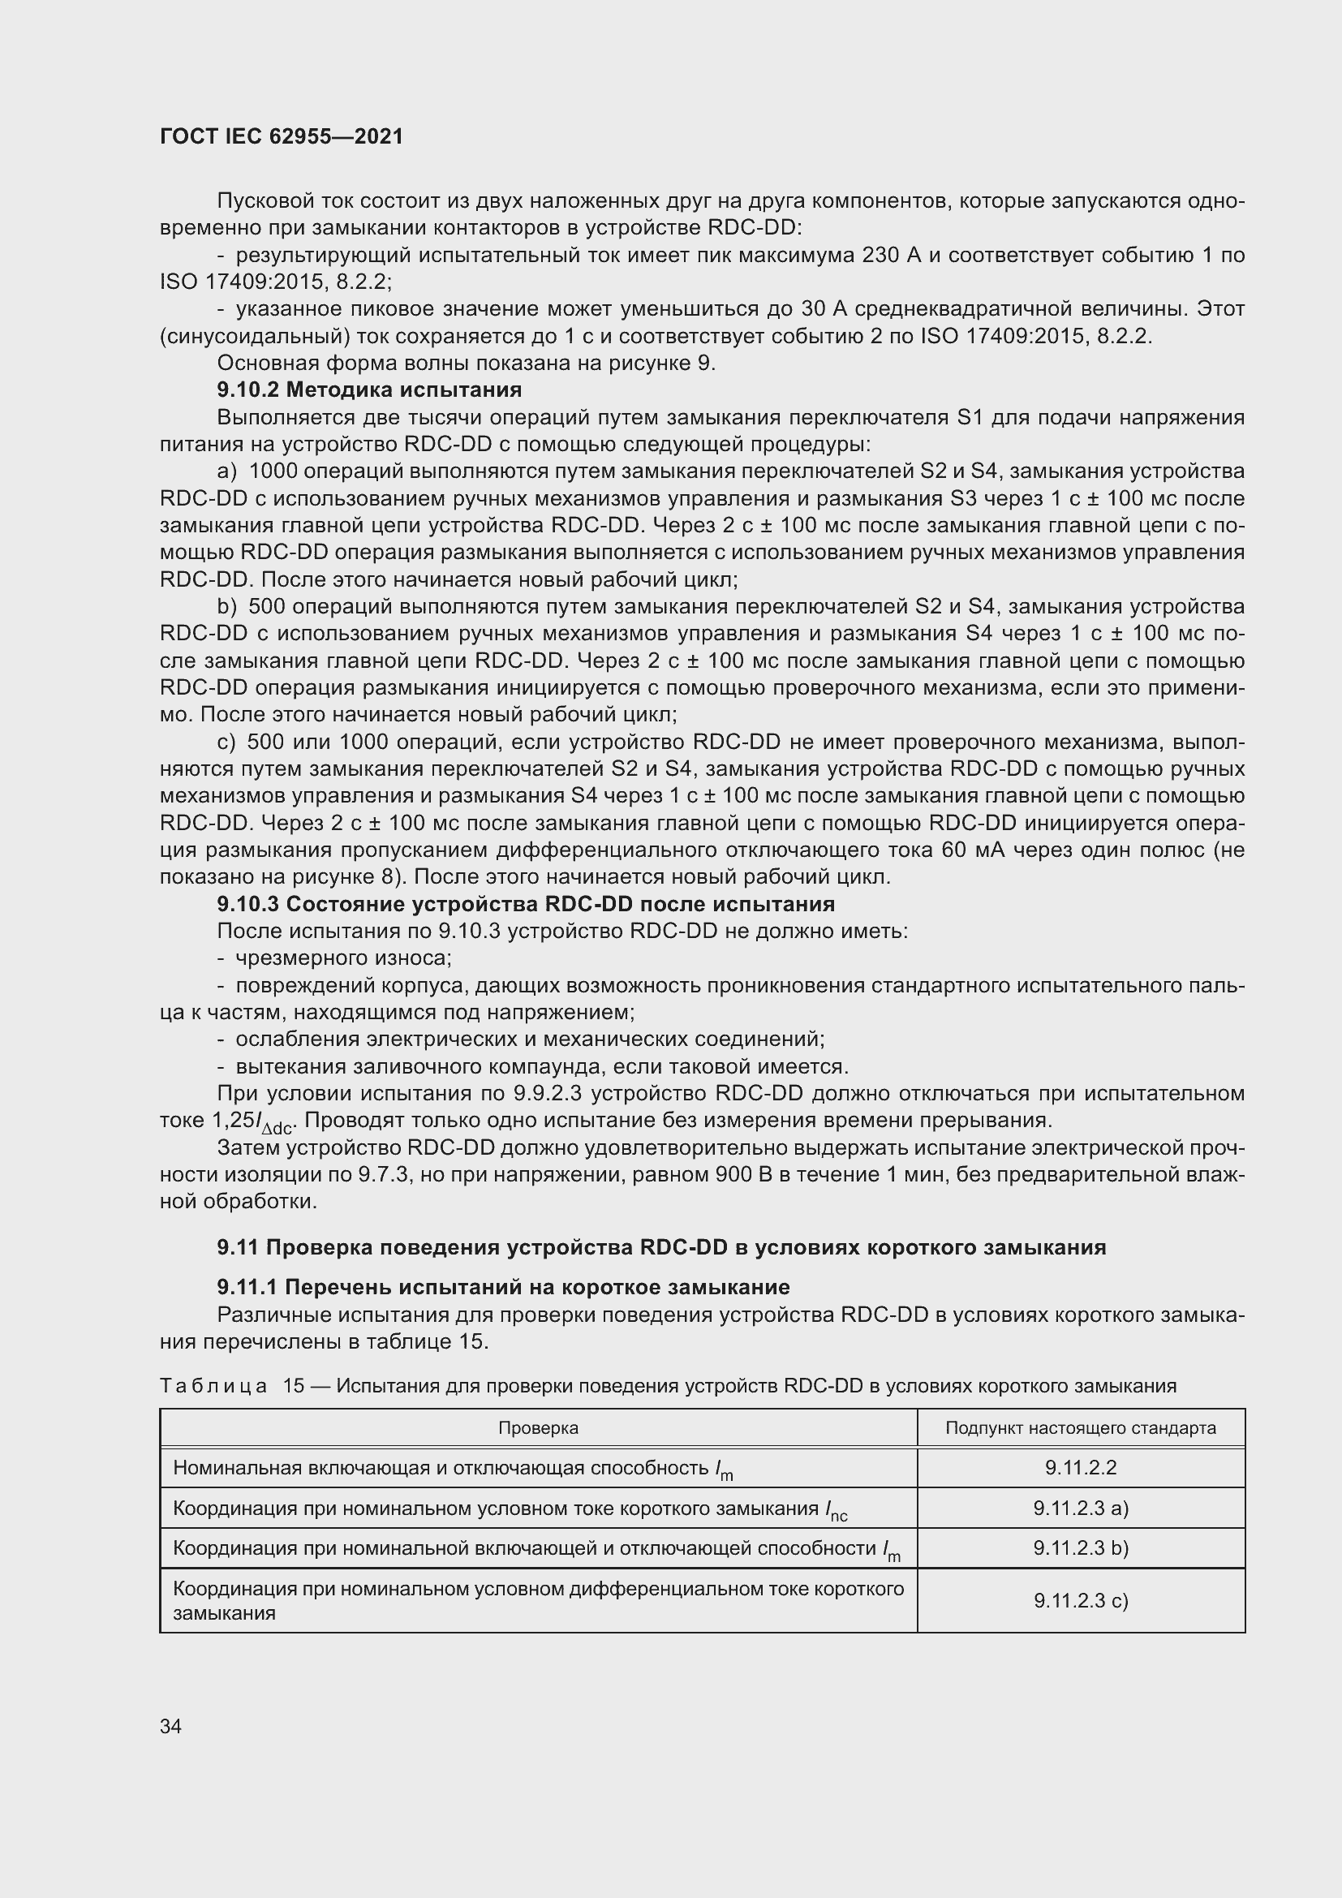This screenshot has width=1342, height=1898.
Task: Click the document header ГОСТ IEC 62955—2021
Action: [281, 136]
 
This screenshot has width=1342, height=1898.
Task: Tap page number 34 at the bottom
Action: [171, 1726]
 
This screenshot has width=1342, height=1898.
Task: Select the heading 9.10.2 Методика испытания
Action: [369, 389]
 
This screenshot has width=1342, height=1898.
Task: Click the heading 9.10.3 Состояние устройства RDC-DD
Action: [526, 903]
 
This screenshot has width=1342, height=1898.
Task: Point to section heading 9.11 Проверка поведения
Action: [661, 1247]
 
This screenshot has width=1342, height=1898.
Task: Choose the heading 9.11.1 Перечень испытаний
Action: [503, 1287]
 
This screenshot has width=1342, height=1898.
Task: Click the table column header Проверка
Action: [538, 1427]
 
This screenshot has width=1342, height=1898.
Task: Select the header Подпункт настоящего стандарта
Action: [1080, 1427]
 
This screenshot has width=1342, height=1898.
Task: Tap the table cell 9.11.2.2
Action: [1080, 1467]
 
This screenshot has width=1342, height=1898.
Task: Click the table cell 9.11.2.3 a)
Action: [1080, 1508]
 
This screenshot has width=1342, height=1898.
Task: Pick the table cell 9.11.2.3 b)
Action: [1080, 1547]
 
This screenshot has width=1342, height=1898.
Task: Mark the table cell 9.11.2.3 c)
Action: [1080, 1600]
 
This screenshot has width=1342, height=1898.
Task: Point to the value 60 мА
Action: [973, 850]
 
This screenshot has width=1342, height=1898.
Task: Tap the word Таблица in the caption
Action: [213, 1385]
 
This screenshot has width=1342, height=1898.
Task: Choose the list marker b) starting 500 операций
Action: [226, 607]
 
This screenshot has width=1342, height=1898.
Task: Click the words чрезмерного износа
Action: [343, 958]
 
